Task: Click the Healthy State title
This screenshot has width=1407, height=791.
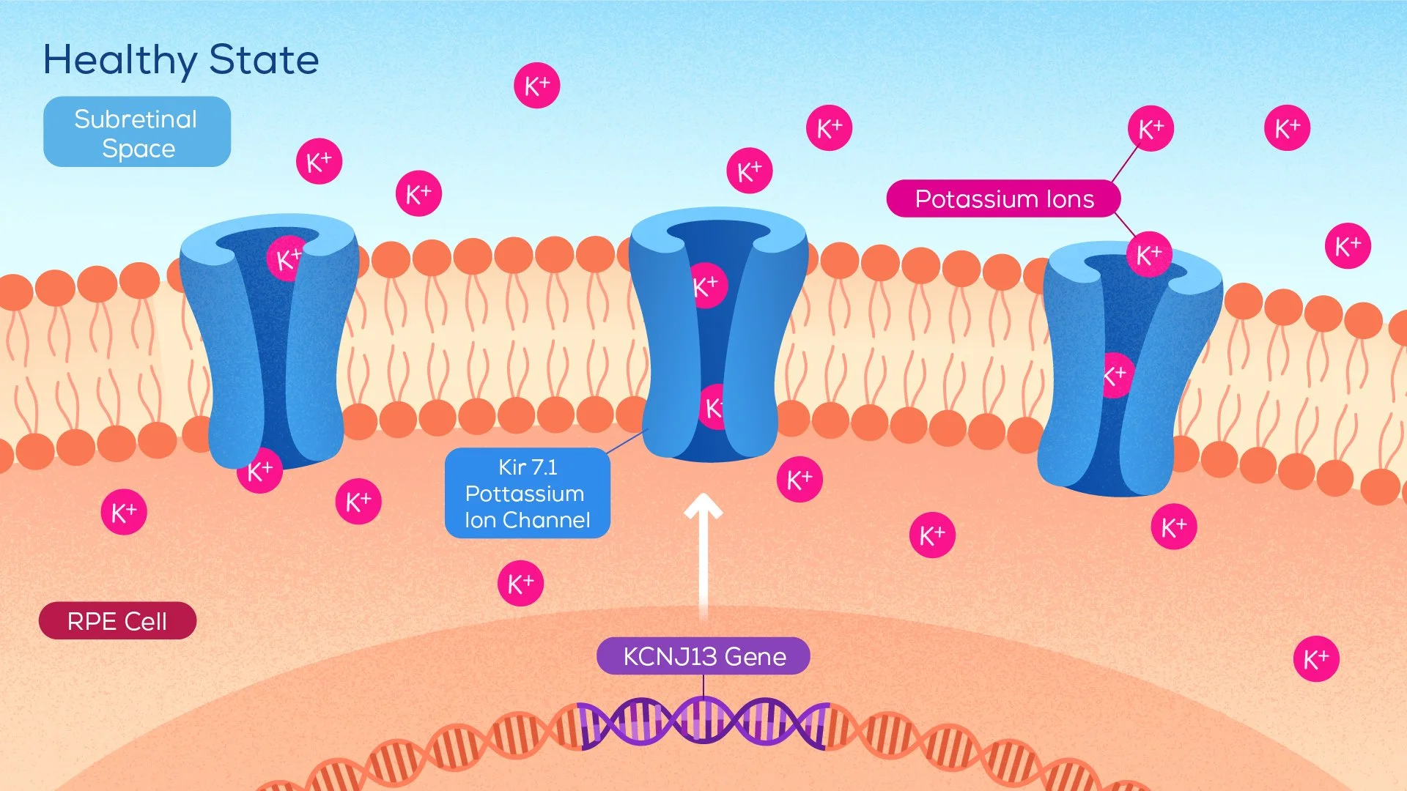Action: [181, 60]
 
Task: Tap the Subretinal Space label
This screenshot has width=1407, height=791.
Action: [137, 133]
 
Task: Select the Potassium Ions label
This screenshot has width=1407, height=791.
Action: [1003, 199]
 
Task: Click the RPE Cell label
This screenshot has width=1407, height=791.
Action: [117, 621]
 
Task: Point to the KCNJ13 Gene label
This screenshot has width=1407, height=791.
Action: [703, 656]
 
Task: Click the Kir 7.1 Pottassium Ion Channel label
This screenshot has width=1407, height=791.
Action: [527, 493]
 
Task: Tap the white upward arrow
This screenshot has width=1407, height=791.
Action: [703, 557]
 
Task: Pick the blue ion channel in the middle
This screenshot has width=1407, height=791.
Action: [718, 337]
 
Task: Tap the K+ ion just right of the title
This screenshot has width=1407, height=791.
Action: [536, 86]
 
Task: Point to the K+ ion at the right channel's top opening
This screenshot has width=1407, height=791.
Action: [1148, 254]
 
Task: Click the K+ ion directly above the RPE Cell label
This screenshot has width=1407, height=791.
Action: [124, 512]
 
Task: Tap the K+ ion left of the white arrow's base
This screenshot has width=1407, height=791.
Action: [520, 584]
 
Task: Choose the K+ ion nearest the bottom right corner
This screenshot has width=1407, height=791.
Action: [1316, 659]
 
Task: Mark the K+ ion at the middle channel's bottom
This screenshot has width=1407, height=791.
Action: [712, 408]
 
